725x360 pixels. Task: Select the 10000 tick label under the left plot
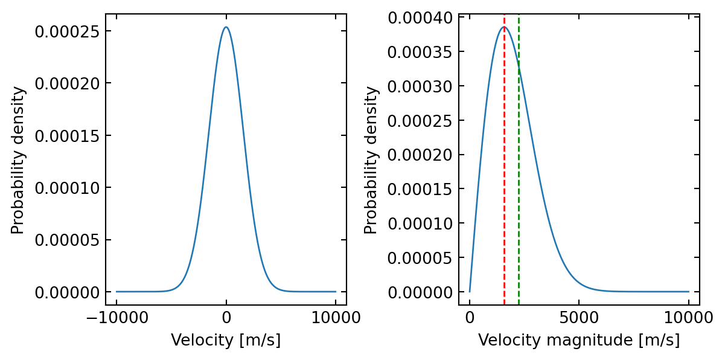pos(336,317)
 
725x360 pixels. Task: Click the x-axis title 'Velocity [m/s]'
pos(226,340)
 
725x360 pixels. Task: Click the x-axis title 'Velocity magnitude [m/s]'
pos(579,340)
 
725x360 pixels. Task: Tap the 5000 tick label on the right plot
pos(579,317)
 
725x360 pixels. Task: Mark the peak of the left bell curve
pos(226,27)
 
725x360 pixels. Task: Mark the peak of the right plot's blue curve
pos(504,27)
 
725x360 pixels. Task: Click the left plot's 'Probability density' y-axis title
pos(19,160)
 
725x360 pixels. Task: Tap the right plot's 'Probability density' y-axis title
pos(372,160)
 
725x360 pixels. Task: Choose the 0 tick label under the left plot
pos(226,317)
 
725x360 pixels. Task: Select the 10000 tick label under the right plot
pos(689,317)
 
